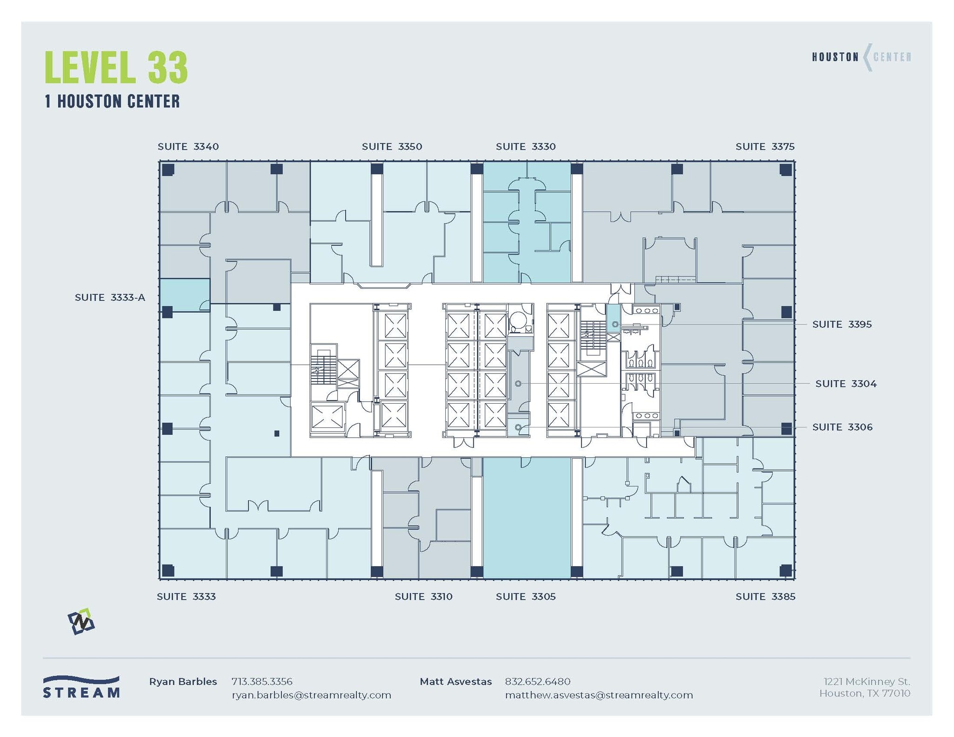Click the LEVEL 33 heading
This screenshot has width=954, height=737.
pos(116,68)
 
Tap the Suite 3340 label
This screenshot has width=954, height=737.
pos(188,147)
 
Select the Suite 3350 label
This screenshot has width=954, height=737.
pos(392,147)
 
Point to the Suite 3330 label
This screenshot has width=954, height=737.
pos(525,147)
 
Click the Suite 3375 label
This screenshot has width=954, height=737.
pos(765,147)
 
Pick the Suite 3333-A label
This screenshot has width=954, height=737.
pos(110,298)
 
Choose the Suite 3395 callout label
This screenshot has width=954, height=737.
pos(842,325)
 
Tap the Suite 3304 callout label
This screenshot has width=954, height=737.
pos(845,384)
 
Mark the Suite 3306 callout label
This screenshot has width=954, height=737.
pos(842,427)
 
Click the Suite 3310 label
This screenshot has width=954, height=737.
pos(423,596)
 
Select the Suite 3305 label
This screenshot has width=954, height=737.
pos(525,596)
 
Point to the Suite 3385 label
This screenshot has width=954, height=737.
pos(765,596)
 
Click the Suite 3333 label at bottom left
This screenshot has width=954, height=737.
pos(186,596)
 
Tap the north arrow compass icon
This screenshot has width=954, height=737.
pos(81,622)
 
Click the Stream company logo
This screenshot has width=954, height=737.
pos(82,687)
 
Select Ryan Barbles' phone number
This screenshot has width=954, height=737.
pos(262,682)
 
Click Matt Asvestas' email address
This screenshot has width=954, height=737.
pos(599,695)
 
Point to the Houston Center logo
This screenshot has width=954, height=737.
pos(861,57)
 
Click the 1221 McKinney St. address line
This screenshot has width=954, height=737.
pos(866,682)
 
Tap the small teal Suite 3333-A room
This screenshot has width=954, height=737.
pos(184,294)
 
